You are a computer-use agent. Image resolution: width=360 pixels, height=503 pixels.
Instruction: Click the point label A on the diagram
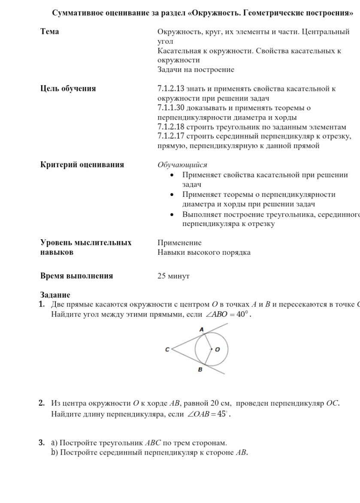click(x=202, y=329)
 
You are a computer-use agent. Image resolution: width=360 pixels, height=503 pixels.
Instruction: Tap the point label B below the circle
click(x=200, y=369)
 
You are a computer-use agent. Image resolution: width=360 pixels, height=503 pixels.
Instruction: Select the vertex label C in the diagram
click(x=167, y=349)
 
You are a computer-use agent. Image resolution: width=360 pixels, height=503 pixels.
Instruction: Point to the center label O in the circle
click(x=217, y=349)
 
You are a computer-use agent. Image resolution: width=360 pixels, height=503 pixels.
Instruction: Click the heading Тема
click(x=50, y=32)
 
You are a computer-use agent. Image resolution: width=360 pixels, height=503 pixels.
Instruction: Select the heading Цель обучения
click(x=68, y=89)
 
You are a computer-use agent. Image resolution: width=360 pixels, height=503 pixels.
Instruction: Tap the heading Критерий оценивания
click(x=82, y=165)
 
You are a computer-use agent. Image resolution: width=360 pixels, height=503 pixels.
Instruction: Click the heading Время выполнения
click(x=77, y=276)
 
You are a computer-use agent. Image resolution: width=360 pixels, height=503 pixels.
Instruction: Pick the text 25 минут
click(x=173, y=276)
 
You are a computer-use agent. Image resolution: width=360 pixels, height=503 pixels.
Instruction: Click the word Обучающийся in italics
click(x=182, y=165)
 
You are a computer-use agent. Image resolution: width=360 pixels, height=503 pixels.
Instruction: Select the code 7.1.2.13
click(x=171, y=89)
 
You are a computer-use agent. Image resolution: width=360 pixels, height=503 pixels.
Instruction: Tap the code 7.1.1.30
click(x=171, y=108)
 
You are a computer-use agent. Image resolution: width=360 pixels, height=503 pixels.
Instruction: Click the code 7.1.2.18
click(x=171, y=127)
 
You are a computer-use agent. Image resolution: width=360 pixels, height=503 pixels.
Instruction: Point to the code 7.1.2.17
click(x=171, y=136)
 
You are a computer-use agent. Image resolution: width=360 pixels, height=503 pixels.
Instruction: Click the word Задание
click(x=55, y=295)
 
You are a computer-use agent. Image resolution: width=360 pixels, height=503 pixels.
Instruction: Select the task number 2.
click(x=42, y=403)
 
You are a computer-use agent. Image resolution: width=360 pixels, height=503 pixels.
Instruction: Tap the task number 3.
click(x=42, y=443)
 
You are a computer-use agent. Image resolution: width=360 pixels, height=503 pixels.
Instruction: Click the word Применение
click(x=179, y=243)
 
